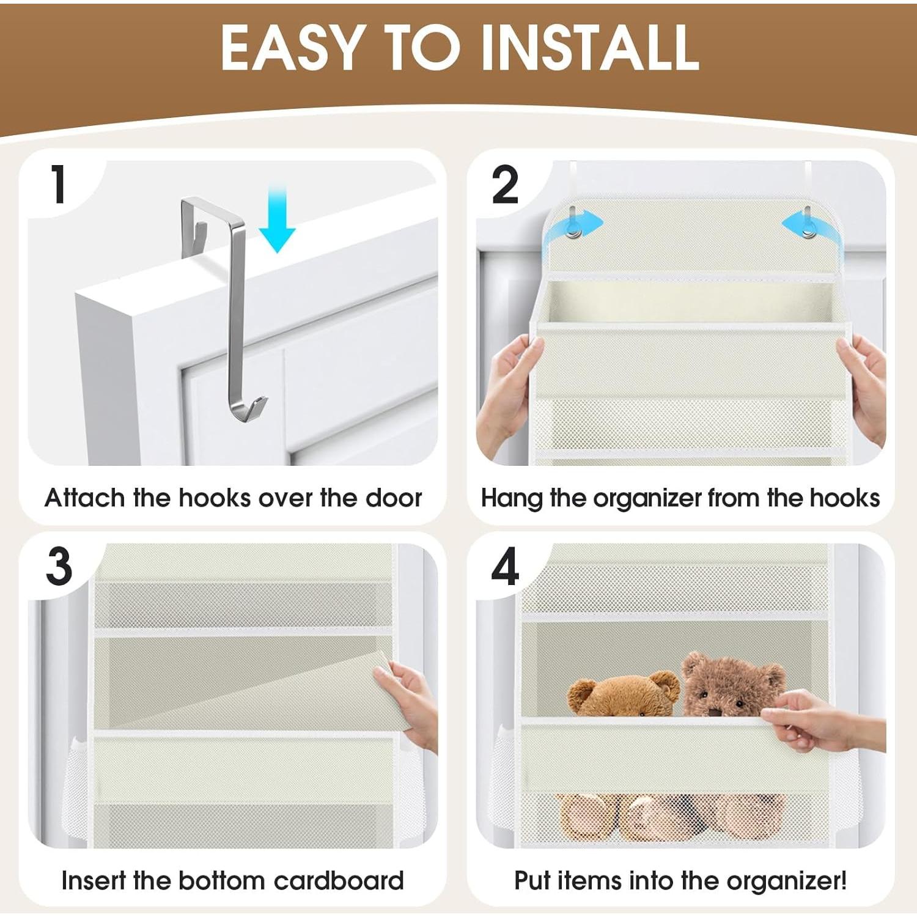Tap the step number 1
(59, 185)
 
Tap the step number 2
(505, 185)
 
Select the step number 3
(59, 567)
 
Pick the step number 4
(506, 567)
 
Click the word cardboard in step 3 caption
(339, 881)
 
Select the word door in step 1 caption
(394, 498)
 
